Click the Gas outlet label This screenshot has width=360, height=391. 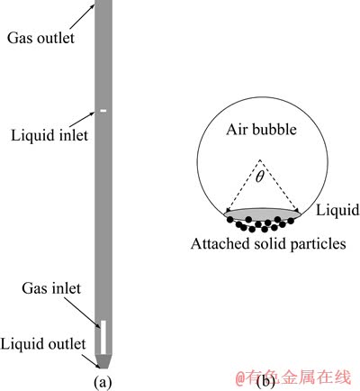pyautogui.click(x=40, y=38)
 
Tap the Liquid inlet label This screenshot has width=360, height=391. pyautogui.click(x=49, y=135)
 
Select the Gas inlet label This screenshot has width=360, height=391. pyautogui.click(x=51, y=288)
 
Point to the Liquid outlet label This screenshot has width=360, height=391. pyautogui.click(x=43, y=344)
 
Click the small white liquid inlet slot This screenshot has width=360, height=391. pyautogui.click(x=103, y=111)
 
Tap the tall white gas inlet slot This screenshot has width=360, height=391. pyautogui.click(x=103, y=337)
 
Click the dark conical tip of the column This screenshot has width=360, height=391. pyautogui.click(x=103, y=361)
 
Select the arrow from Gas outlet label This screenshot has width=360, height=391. pyautogui.click(x=82, y=17)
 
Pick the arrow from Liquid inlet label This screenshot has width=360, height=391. pyautogui.click(x=82, y=119)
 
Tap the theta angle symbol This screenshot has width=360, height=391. pyautogui.click(x=260, y=177)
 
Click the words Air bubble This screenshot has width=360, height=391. pyautogui.click(x=261, y=130)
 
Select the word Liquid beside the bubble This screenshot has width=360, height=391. pyautogui.click(x=337, y=210)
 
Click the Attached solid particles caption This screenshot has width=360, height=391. pyautogui.click(x=268, y=243)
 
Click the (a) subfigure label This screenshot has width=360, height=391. pyautogui.click(x=103, y=383)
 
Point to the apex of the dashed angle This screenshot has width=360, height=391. pyautogui.click(x=260, y=159)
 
